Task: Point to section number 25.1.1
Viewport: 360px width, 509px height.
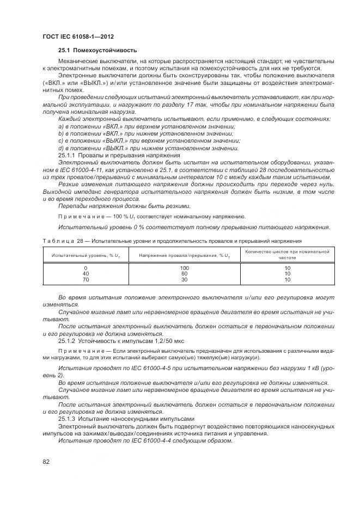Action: (68, 155)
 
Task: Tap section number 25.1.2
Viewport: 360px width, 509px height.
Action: (68, 340)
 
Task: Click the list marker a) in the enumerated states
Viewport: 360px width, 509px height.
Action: (60, 126)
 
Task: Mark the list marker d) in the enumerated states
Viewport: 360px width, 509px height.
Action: (60, 148)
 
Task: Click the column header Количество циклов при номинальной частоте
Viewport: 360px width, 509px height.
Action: (287, 255)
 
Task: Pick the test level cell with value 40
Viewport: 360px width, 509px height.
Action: (86, 274)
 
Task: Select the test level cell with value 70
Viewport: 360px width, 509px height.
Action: (86, 279)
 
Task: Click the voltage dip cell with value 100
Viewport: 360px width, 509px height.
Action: (184, 268)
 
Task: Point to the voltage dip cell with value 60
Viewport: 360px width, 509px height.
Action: (184, 274)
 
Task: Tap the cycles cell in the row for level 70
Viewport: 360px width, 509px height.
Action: (287, 279)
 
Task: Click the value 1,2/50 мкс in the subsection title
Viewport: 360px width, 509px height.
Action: (170, 340)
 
